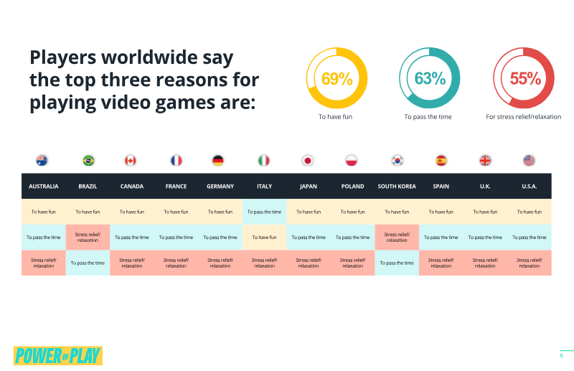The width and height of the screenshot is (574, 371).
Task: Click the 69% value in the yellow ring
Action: [x=337, y=78]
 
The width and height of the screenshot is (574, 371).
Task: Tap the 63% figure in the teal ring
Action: [x=430, y=78]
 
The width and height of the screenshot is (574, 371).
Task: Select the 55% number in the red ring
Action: [x=525, y=78]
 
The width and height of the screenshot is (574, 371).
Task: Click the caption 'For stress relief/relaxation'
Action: [x=523, y=117]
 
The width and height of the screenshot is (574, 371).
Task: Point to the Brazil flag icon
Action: [x=88, y=161]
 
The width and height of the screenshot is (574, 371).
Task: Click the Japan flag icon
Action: [x=308, y=161]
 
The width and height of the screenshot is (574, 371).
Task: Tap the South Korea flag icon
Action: [x=397, y=161]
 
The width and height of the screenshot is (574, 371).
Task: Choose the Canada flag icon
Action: [x=131, y=161]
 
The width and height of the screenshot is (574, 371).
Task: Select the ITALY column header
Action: [x=264, y=186]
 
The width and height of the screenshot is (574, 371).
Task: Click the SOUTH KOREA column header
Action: [x=397, y=186]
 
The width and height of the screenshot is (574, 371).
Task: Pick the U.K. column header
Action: [x=485, y=186]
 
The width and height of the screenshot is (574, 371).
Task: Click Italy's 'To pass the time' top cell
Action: [x=264, y=212]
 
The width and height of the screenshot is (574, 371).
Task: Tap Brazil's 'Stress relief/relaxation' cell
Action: [x=88, y=238]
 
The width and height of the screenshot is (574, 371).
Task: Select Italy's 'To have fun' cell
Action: [x=264, y=238]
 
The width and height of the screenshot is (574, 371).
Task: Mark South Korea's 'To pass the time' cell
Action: [x=397, y=263]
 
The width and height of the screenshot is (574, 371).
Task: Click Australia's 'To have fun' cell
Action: [x=44, y=212]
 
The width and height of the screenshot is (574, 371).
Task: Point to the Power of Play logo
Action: [x=58, y=356]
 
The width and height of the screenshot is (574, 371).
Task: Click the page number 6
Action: [x=562, y=356]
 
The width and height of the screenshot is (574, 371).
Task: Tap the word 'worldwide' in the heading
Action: [x=149, y=57]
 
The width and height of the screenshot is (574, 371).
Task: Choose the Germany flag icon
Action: [x=218, y=161]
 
